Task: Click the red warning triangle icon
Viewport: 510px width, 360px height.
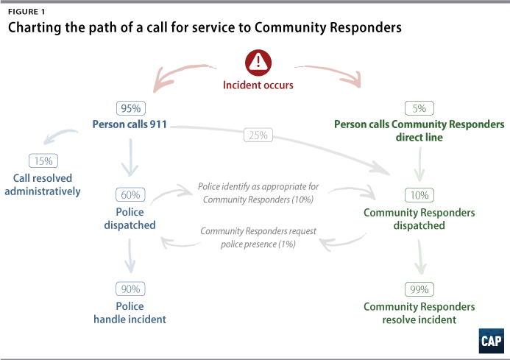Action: (x=258, y=62)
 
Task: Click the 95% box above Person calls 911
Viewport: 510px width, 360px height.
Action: (x=131, y=107)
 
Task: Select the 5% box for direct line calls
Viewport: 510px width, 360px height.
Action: (x=419, y=107)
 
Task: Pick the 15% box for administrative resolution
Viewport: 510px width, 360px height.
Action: (x=42, y=160)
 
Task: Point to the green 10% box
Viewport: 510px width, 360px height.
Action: (x=419, y=195)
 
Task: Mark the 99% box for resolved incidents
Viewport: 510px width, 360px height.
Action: (x=419, y=289)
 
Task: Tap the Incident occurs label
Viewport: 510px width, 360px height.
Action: (x=258, y=85)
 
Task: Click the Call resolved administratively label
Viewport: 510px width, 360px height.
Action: (x=46, y=185)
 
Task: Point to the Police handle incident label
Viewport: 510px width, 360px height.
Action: (x=130, y=313)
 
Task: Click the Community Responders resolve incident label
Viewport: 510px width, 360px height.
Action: (x=419, y=313)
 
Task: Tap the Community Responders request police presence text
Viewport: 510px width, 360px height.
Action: (x=258, y=237)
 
